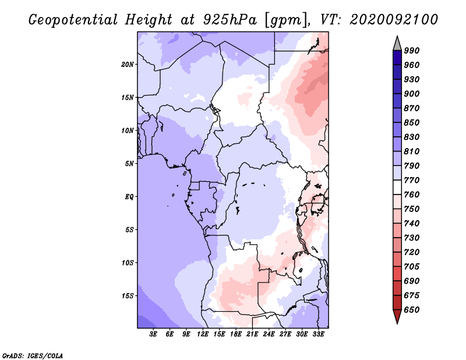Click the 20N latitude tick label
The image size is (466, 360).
click(127, 65)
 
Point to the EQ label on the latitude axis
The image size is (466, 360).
click(129, 197)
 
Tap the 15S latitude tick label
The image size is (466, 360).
click(127, 296)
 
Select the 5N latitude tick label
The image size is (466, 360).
click(129, 164)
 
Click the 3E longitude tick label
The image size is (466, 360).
click(153, 334)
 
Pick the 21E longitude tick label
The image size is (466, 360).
click(252, 334)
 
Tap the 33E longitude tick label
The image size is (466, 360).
click(318, 334)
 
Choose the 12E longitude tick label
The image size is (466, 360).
click(202, 334)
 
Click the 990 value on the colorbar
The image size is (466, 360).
click(411, 51)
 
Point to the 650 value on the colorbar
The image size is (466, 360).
click(411, 310)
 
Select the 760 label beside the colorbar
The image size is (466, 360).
click(411, 195)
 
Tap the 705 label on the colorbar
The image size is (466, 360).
click(411, 267)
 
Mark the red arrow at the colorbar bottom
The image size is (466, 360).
click(397, 316)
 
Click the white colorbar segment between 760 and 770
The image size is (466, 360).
click(397, 188)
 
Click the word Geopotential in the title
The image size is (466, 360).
click(73, 20)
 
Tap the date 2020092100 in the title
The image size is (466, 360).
click(394, 20)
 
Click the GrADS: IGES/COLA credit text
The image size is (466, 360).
click(33, 356)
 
